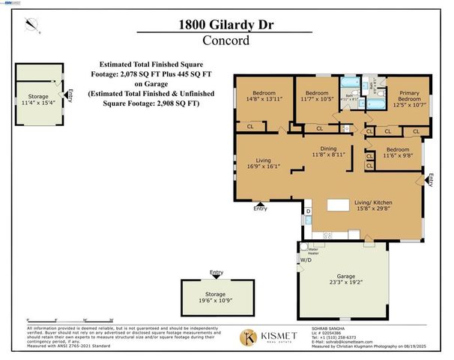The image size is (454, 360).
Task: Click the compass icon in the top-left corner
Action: pos(30,25)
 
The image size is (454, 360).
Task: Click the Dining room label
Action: pos(328,151)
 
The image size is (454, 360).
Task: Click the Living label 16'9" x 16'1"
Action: pos(264,164)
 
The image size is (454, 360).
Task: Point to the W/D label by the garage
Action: pos(305,260)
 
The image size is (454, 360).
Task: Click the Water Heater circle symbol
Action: pos(304,247)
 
